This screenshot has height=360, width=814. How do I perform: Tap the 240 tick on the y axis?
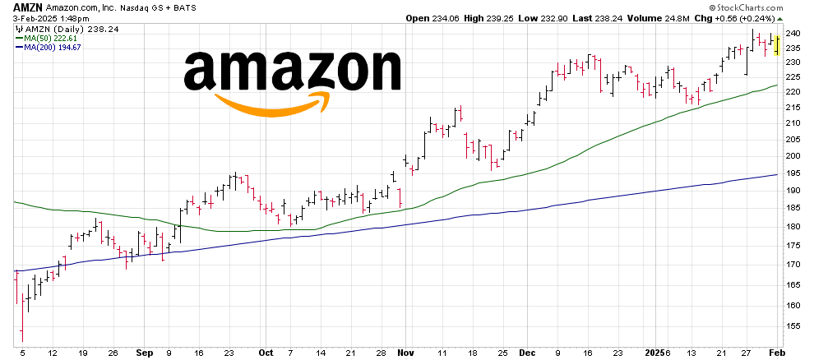793,33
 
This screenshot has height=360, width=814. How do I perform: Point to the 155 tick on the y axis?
793,325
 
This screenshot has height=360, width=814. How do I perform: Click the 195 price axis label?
793,173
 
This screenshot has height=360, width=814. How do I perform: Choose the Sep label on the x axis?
144,353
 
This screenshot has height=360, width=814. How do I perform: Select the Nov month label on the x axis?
405,353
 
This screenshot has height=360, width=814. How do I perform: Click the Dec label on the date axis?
528,353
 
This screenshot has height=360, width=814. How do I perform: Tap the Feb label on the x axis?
775,353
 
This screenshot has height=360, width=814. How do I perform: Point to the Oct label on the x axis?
266,353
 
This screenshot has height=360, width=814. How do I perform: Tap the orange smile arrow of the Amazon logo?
271,103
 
